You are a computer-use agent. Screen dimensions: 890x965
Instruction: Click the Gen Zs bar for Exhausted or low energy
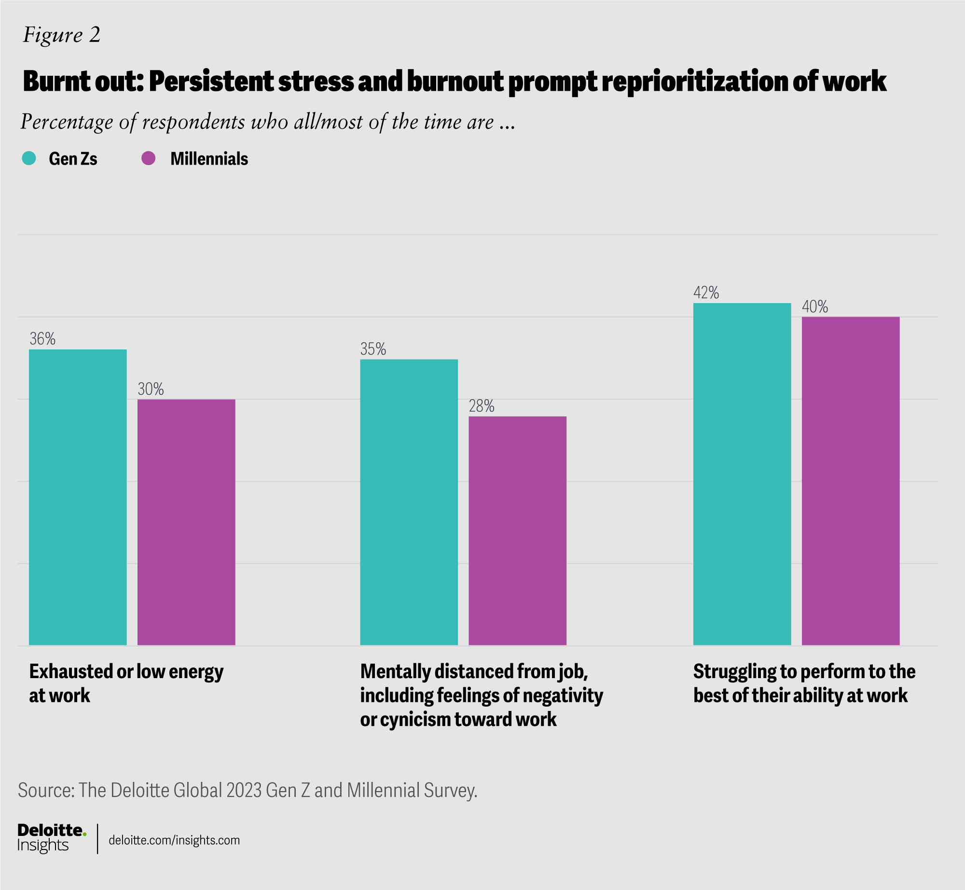78,497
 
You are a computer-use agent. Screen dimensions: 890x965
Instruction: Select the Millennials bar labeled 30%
186,522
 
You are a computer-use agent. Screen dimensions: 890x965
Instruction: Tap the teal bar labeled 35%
409,502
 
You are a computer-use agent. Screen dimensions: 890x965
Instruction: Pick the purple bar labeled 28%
517,531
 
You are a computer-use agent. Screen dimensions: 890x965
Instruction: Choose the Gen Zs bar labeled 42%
742,474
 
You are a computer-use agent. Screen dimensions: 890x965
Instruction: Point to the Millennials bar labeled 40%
851,481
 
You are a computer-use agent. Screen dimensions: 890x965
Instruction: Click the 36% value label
42,339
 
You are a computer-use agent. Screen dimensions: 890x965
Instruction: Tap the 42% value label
706,293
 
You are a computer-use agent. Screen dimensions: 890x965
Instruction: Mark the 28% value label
482,406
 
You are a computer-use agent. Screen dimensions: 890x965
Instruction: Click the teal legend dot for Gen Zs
29,158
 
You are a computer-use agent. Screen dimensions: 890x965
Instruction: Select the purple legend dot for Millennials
148,158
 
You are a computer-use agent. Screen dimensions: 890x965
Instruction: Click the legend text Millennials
209,159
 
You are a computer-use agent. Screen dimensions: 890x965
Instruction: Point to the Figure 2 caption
62,35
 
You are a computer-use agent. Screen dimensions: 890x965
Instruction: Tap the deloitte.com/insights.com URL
174,840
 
